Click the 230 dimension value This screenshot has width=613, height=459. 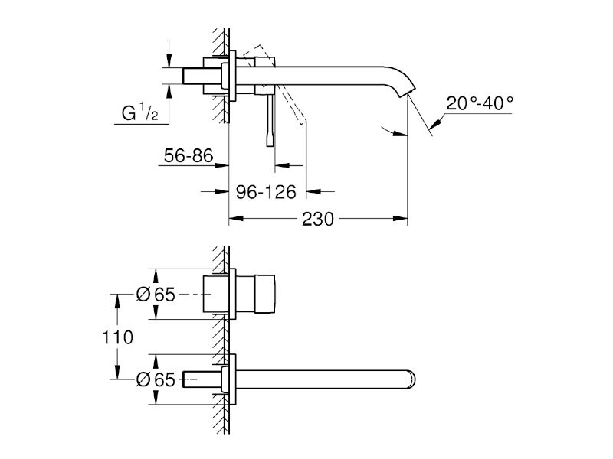click(x=318, y=220)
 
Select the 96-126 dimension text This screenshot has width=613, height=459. click(x=266, y=192)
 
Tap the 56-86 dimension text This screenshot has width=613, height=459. click(x=188, y=156)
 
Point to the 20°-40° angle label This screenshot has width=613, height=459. click(x=480, y=103)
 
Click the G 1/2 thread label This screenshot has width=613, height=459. click(x=140, y=112)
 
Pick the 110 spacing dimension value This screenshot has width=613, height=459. click(x=117, y=337)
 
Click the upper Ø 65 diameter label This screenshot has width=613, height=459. click(x=156, y=295)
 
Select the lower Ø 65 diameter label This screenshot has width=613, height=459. click(x=156, y=379)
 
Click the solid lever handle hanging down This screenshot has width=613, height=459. click(x=270, y=120)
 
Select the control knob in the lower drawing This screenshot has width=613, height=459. click(x=264, y=295)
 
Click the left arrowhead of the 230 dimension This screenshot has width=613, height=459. click(x=236, y=219)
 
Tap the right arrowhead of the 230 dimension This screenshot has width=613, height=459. click(x=400, y=219)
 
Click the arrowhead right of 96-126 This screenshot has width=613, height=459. click(x=313, y=192)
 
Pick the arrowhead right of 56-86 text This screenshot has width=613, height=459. click(x=221, y=165)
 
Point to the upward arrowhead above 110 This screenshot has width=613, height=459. click(x=117, y=301)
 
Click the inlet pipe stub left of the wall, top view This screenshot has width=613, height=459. click(x=202, y=76)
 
